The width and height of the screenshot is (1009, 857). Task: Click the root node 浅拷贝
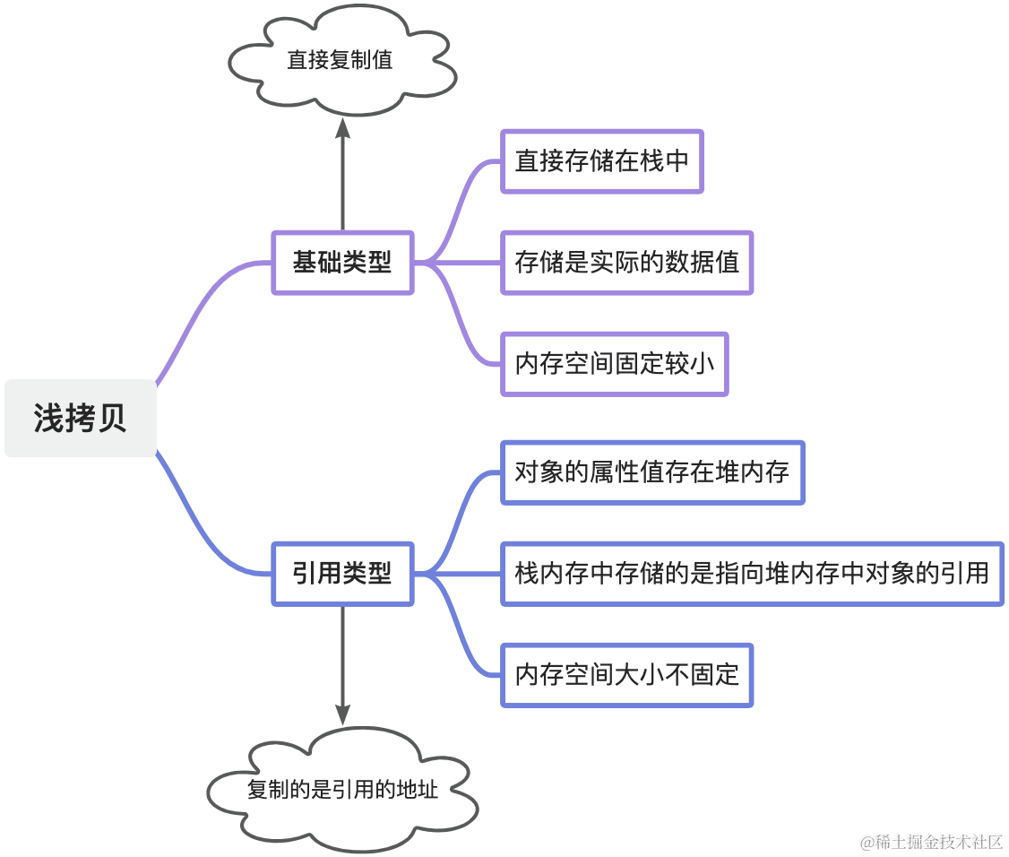point(81,418)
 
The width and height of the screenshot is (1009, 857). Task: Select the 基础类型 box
point(342,263)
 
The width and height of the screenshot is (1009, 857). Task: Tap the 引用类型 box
point(342,574)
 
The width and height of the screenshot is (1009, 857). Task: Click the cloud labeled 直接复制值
point(342,60)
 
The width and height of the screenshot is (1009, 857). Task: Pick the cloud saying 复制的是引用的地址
point(342,790)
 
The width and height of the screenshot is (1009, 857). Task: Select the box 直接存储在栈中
point(601,161)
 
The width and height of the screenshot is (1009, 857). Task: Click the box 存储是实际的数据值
point(626,263)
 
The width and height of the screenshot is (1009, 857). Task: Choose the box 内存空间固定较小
point(615,365)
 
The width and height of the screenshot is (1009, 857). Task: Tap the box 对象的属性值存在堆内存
point(652,472)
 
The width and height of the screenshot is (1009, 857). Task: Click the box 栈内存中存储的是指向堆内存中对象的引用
point(752,574)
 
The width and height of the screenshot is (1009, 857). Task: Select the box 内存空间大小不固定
point(626,675)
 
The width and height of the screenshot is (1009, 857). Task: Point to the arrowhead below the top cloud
point(343,127)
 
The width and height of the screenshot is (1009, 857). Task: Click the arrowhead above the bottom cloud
point(343,714)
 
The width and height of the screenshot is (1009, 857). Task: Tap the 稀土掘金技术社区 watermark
point(932,842)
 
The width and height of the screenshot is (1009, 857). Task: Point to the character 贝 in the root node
point(112,419)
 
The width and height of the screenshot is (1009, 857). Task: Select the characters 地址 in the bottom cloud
point(417,790)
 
